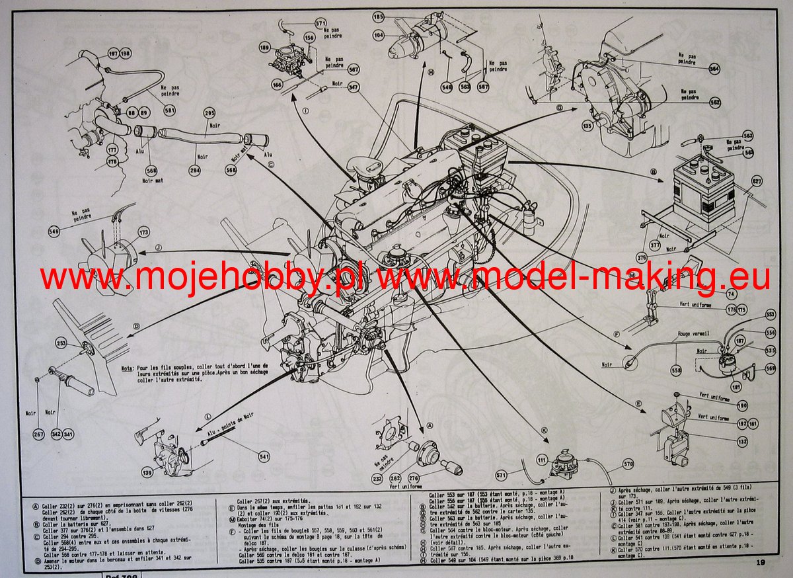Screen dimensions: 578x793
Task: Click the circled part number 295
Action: (210, 113)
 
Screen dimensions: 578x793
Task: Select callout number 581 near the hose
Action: (170, 110)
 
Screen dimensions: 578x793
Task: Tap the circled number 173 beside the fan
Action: (144, 232)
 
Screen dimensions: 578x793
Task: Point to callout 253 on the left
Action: (61, 343)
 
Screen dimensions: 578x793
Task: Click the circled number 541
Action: (264, 456)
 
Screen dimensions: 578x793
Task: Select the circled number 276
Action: (414, 477)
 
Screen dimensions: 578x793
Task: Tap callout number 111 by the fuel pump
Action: (542, 459)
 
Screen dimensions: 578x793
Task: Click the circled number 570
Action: (628, 464)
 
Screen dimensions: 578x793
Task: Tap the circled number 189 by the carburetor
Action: (264, 47)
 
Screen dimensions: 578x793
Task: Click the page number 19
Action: (761, 562)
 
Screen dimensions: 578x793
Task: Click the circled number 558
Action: (675, 371)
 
